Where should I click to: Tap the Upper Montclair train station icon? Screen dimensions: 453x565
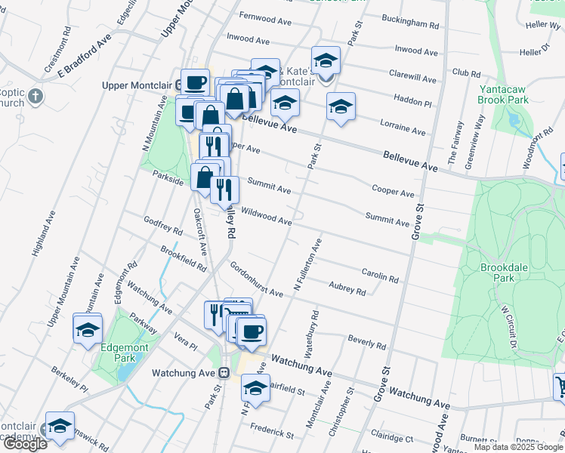175,85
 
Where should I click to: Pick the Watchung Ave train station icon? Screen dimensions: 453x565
224,373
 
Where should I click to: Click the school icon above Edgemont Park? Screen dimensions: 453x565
88,329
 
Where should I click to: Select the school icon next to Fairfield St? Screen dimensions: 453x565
255,388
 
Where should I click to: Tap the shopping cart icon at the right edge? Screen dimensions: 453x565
559,387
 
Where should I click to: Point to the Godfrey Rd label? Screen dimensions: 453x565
163,224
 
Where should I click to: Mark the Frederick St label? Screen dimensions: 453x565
273,433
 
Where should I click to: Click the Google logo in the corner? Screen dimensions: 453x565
24,444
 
